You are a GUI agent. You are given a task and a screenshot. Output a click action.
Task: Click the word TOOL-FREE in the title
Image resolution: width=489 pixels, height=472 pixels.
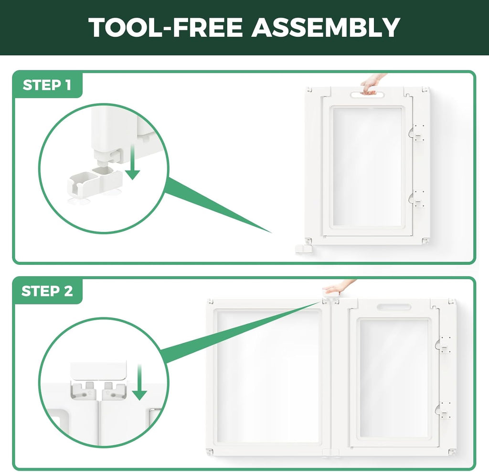click(x=165, y=27)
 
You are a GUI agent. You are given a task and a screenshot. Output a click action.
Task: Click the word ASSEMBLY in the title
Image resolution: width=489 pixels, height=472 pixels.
click(x=326, y=27)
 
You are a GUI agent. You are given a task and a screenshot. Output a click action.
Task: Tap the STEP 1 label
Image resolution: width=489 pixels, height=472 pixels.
click(x=47, y=85)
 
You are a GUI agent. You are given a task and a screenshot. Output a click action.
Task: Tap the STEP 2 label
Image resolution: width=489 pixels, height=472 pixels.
click(x=47, y=291)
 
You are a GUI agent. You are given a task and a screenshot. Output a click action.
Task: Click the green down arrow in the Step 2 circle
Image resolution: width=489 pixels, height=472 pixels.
click(x=139, y=382)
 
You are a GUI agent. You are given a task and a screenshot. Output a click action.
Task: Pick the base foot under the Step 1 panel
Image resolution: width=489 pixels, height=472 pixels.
click(x=304, y=250)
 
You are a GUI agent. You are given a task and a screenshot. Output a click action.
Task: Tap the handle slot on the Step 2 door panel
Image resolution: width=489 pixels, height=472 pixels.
click(x=393, y=307)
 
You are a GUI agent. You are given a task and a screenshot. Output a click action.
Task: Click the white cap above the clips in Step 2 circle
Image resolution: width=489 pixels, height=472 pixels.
click(x=99, y=370)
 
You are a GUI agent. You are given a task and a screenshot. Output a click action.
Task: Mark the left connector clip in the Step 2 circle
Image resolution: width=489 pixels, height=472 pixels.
click(x=84, y=390)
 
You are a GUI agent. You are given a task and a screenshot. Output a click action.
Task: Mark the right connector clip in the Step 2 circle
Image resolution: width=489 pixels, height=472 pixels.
click(x=114, y=390)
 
